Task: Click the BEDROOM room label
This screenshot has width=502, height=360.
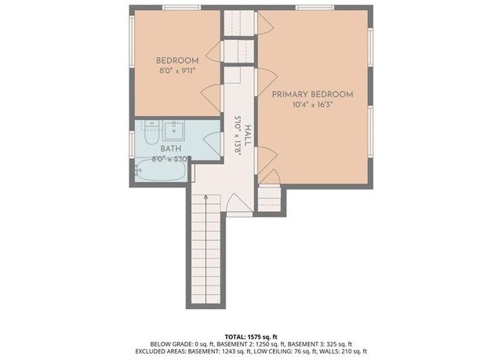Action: [176, 60]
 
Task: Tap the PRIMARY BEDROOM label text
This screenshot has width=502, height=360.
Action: [312, 94]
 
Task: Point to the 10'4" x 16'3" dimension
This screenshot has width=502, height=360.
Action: [312, 104]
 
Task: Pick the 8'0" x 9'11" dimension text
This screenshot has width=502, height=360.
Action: [176, 70]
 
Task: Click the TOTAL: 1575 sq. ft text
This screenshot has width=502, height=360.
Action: [252, 334]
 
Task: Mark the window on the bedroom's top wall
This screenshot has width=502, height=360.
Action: [181, 7]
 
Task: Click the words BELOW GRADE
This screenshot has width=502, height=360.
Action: [170, 343]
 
